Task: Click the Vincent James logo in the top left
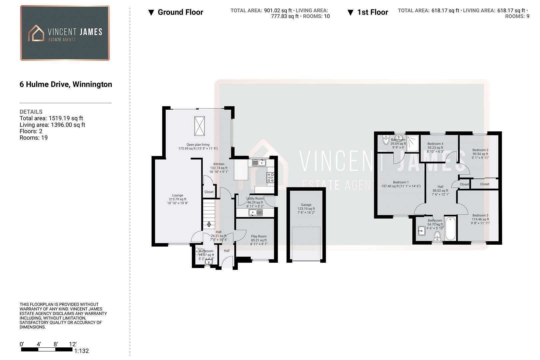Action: (65, 33)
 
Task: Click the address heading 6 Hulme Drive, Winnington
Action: (66, 84)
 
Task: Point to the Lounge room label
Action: (178, 196)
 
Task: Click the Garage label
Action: (306, 205)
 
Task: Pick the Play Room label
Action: (259, 237)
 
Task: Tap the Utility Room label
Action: (255, 199)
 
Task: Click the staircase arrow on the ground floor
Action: (209, 224)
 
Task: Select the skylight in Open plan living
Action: (199, 126)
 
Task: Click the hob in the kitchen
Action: (270, 177)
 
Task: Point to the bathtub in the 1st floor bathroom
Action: (450, 228)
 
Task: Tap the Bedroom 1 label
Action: (401, 182)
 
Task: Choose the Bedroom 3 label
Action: (480, 216)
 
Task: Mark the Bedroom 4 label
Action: (435, 144)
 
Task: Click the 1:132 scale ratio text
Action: (82, 351)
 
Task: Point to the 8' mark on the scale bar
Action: (56, 344)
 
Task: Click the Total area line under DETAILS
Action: (51, 118)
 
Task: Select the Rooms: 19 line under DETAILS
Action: (34, 138)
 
